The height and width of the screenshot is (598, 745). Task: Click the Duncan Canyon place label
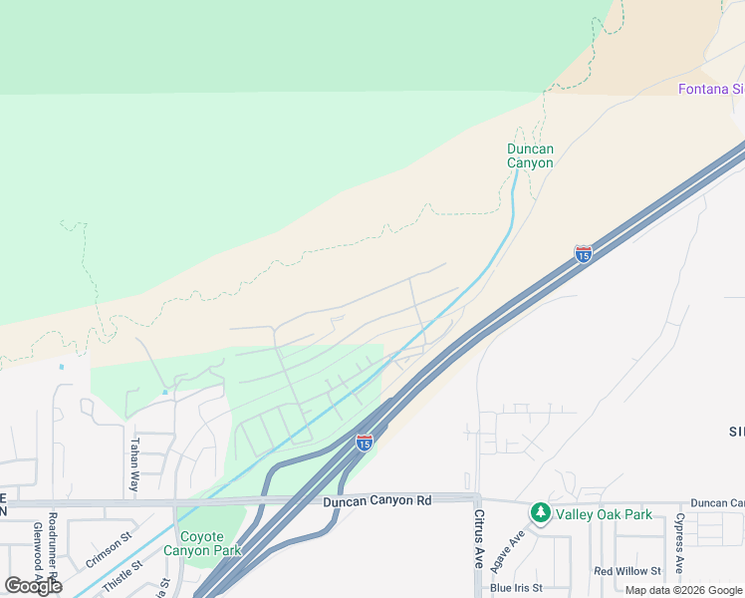coord(530,156)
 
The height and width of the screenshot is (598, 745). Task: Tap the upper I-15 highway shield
coord(583,254)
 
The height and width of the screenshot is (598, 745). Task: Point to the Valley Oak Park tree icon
coord(540,513)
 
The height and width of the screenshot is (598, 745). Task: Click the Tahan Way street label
coord(132,465)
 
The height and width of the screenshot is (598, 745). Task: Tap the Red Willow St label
coord(627,571)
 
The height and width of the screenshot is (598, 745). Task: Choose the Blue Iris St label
coord(516,588)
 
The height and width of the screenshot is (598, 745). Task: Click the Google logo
coord(33,586)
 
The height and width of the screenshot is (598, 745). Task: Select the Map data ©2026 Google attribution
coord(683,591)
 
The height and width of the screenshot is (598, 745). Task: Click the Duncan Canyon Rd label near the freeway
coord(376,500)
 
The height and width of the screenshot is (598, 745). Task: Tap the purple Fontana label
coord(710,89)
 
